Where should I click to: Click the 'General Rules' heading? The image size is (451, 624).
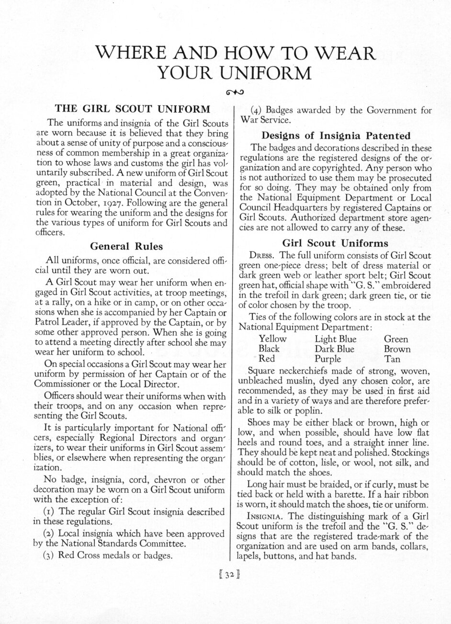point(127,246)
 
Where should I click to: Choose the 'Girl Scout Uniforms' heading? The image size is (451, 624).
point(335,243)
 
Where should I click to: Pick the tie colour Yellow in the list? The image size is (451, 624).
point(273,339)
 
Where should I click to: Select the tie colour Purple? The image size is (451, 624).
point(328,358)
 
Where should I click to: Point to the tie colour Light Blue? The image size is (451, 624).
point(335,339)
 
